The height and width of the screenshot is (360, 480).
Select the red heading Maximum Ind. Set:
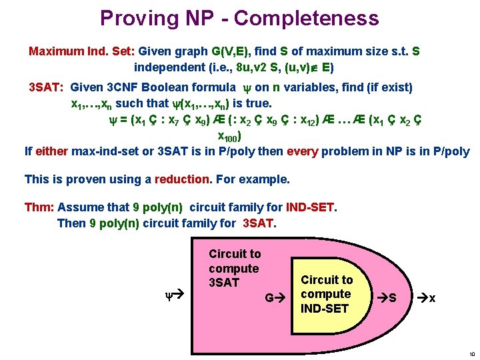81,51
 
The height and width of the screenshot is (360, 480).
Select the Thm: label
39,207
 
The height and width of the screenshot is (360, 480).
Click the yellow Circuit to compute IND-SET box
327,294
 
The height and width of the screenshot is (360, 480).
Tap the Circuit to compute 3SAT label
235,269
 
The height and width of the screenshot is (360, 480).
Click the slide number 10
471,354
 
